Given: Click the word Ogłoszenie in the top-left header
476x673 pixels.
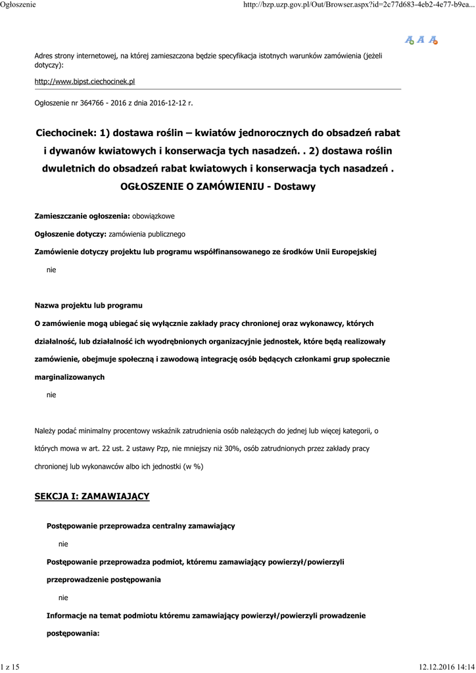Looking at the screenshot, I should (18, 5).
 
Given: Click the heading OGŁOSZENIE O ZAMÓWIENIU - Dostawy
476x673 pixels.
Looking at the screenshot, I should (218, 186).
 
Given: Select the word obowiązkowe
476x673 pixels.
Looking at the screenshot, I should (153, 216).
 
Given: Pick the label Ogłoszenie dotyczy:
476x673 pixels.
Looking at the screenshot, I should (70, 233).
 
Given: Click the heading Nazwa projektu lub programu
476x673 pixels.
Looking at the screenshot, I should (88, 306).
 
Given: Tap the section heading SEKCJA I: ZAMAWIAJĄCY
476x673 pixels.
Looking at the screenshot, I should (92, 496).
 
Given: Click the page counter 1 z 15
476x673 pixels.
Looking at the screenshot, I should (11, 667).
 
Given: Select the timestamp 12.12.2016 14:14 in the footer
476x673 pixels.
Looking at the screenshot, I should (446, 667).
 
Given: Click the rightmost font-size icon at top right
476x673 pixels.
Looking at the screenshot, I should (433, 40).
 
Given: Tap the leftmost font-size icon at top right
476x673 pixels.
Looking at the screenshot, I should (409, 40).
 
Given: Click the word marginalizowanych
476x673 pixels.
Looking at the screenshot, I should (69, 377).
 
